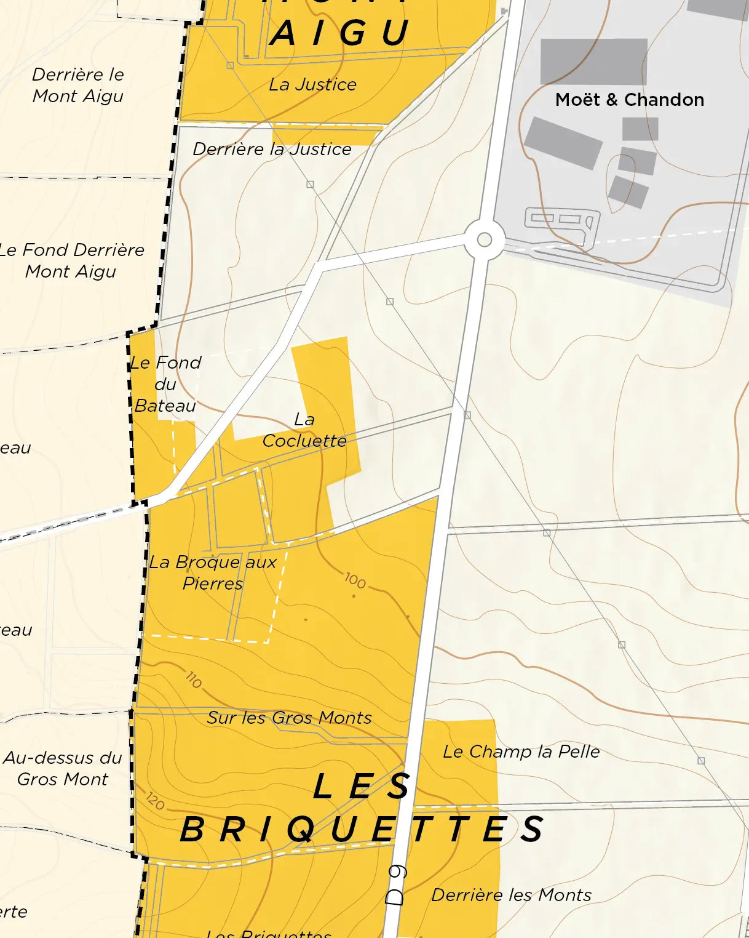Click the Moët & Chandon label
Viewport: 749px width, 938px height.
pos(629,100)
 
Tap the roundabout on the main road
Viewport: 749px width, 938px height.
pos(485,239)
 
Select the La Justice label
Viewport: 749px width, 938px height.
pos(312,84)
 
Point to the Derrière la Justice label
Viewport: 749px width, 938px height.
pos(272,149)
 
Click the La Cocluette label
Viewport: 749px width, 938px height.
pos(304,430)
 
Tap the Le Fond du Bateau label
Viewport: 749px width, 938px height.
pos(165,384)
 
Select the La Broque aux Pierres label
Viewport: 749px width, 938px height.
pos(213,572)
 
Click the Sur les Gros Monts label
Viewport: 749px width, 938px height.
pos(289,718)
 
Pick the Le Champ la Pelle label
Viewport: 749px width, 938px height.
pos(521,752)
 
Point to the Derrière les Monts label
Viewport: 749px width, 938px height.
pos(511,895)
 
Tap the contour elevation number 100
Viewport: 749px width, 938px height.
pos(355,580)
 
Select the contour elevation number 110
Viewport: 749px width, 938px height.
pos(193,679)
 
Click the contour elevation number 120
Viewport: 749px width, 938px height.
pos(156,801)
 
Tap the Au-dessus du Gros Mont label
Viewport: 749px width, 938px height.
pos(63,768)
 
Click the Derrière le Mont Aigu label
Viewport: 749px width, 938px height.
pos(78,85)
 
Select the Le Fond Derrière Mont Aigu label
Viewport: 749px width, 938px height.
pos(71,260)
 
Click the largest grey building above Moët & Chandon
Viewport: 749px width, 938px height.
pos(593,62)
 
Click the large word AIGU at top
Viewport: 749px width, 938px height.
pos(340,33)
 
